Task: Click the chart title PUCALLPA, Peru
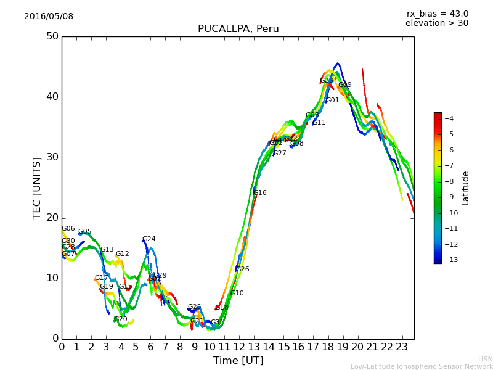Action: point(238,29)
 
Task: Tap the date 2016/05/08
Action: point(49,17)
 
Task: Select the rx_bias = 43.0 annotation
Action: point(437,14)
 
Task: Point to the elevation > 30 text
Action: point(436,23)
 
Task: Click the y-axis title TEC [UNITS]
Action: point(37,187)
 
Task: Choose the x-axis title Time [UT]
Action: point(238,360)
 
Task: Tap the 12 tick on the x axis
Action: point(239,347)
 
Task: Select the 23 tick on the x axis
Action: point(402,347)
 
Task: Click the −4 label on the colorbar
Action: point(449,118)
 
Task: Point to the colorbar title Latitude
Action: point(466,187)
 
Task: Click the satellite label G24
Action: point(149,239)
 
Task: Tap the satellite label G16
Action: point(260,193)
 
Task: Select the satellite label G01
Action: point(333,101)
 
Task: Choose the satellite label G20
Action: point(121,319)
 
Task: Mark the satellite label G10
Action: point(237,294)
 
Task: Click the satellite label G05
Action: point(85,232)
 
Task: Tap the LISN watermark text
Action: point(486,359)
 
